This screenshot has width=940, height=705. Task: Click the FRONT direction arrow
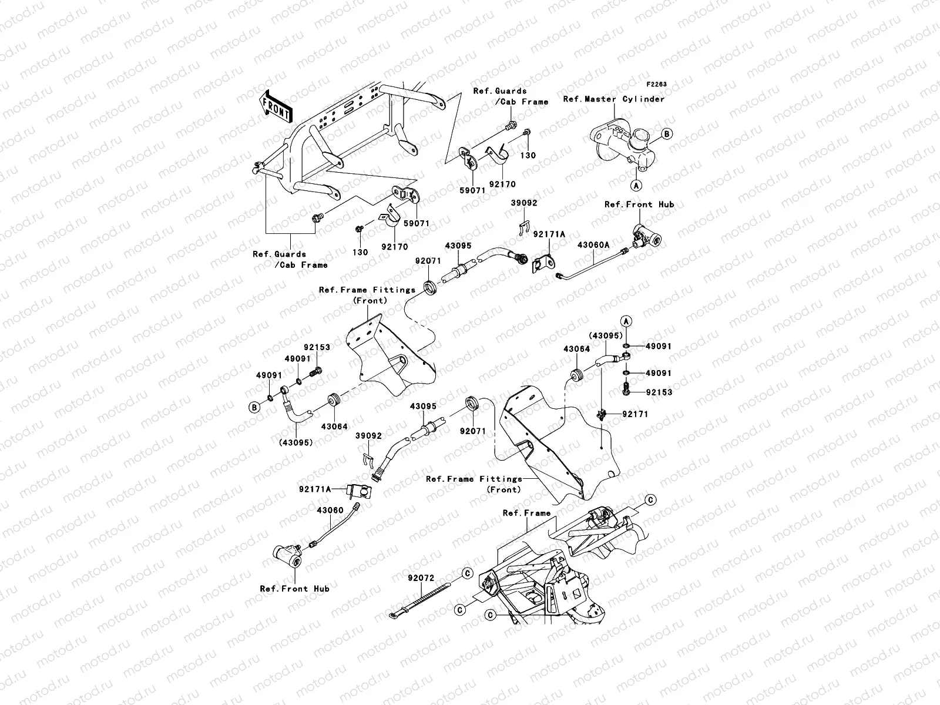click(277, 106)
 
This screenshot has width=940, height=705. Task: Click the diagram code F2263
click(657, 85)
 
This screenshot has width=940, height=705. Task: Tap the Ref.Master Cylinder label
click(613, 99)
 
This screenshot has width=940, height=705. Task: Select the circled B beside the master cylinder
click(667, 134)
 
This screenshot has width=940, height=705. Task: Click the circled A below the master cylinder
click(636, 184)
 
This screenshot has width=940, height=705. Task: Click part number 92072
click(421, 578)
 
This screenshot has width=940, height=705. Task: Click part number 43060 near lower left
click(330, 511)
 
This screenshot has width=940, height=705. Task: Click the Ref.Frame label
click(526, 513)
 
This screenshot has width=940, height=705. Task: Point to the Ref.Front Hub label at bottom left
click(294, 588)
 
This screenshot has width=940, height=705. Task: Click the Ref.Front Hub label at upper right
click(639, 204)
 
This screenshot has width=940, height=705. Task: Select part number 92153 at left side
click(317, 347)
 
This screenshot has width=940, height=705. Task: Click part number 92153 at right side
click(659, 392)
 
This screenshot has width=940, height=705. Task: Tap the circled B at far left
click(254, 407)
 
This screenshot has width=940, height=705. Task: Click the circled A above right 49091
click(626, 321)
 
